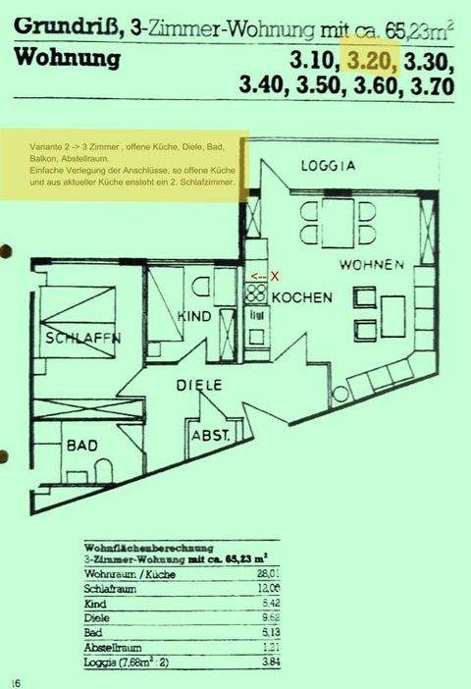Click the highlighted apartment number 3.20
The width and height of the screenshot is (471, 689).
pyautogui.click(x=370, y=61)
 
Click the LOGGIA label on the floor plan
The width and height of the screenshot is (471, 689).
pyautogui.click(x=328, y=166)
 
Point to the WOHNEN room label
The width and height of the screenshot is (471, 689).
pyautogui.click(x=372, y=265)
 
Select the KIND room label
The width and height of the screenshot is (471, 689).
pyautogui.click(x=195, y=316)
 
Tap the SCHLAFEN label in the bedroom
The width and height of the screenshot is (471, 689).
pyautogui.click(x=83, y=339)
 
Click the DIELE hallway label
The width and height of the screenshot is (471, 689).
pyautogui.click(x=201, y=386)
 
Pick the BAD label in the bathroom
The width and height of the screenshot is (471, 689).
pyautogui.click(x=81, y=446)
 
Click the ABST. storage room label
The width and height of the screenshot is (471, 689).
pyautogui.click(x=210, y=435)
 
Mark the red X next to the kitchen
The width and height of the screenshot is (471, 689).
pyautogui.click(x=275, y=277)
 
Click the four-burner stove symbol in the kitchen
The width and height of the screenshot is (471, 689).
pyautogui.click(x=255, y=293)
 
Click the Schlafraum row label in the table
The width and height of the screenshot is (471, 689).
pyautogui.click(x=109, y=590)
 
